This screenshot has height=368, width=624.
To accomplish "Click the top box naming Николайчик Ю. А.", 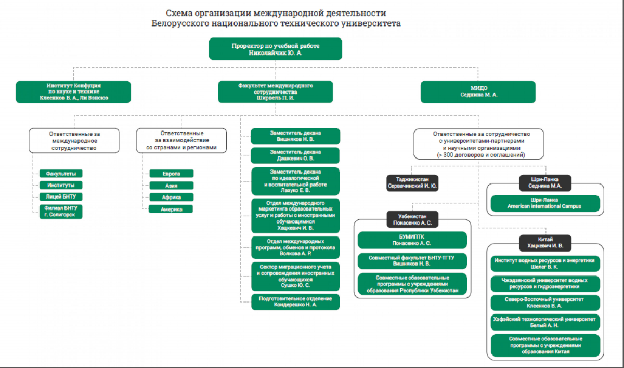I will click(276, 49).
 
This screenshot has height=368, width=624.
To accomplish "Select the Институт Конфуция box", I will click(73, 91).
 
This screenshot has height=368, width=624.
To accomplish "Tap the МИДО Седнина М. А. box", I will click(478, 91).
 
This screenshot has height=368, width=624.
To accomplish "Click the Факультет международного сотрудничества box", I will click(276, 91).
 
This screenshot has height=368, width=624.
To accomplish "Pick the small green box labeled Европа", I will click(172, 174).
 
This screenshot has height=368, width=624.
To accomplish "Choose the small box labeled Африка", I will click(172, 197).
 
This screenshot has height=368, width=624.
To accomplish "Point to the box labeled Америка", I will click(172, 209).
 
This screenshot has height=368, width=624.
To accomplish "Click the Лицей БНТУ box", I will click(60, 196).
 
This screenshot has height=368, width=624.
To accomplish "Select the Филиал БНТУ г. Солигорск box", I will click(60, 211).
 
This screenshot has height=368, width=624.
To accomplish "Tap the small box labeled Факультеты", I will click(60, 174).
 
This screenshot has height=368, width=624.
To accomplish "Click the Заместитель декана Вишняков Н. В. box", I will click(295, 136).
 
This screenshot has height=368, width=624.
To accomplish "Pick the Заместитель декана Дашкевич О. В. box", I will click(295, 155).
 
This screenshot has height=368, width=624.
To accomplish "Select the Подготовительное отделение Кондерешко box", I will click(295, 301).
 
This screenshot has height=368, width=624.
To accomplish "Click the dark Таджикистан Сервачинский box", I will click(412, 183).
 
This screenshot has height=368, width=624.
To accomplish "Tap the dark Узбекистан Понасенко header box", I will click(412, 219).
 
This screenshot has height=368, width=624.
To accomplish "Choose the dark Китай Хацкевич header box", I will click(544, 243).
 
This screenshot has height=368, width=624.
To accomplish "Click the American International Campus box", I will click(544, 203).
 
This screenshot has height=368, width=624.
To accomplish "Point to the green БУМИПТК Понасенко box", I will click(412, 240).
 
